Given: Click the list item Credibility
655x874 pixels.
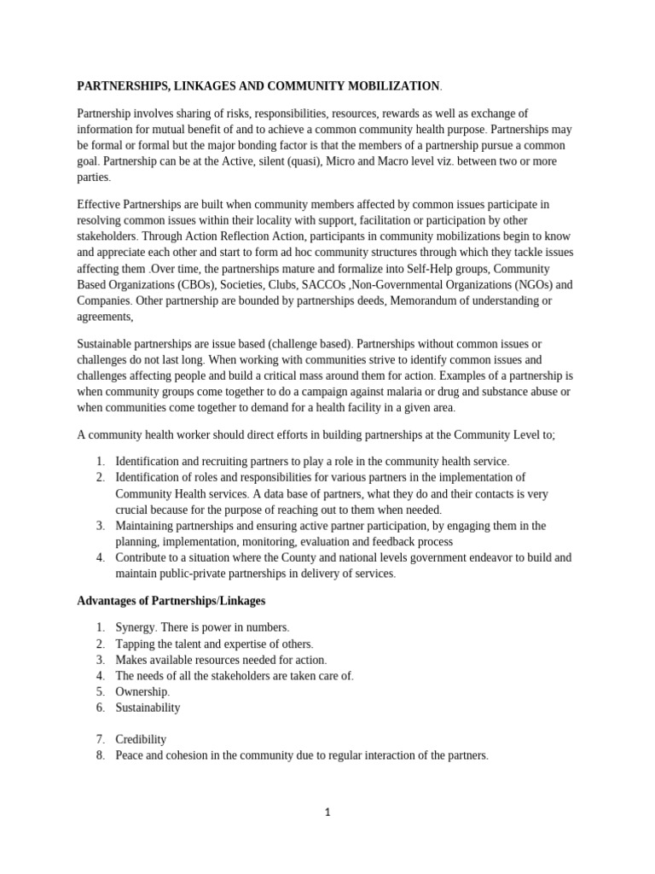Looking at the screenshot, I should [x=141, y=739].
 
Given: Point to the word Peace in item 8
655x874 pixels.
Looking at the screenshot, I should [x=130, y=755].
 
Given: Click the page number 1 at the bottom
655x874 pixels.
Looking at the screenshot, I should [x=327, y=813].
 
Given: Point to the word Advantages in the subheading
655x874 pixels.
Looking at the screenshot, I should [x=107, y=601].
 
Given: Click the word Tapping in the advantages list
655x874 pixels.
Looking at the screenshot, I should [x=136, y=644].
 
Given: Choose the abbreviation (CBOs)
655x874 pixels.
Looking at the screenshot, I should [x=203, y=285].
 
